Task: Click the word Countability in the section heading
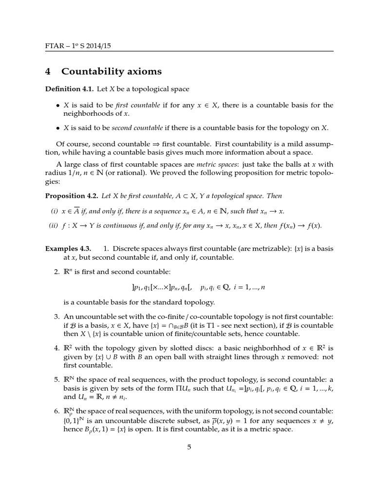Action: (93, 72)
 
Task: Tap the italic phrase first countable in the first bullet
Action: (128, 105)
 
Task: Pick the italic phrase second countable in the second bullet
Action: (137, 128)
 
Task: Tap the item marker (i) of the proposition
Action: (54, 211)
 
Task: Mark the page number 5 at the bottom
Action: (189, 447)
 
